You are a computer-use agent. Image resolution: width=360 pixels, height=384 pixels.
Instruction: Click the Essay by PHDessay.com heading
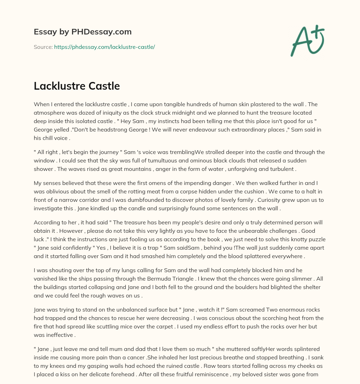click(x=83, y=32)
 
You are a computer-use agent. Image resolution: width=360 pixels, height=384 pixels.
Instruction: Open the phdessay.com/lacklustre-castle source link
click(x=104, y=47)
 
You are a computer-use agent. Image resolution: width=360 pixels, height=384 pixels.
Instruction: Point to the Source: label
click(x=43, y=47)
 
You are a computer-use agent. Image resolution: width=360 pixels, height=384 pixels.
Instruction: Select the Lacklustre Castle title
click(x=77, y=86)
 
